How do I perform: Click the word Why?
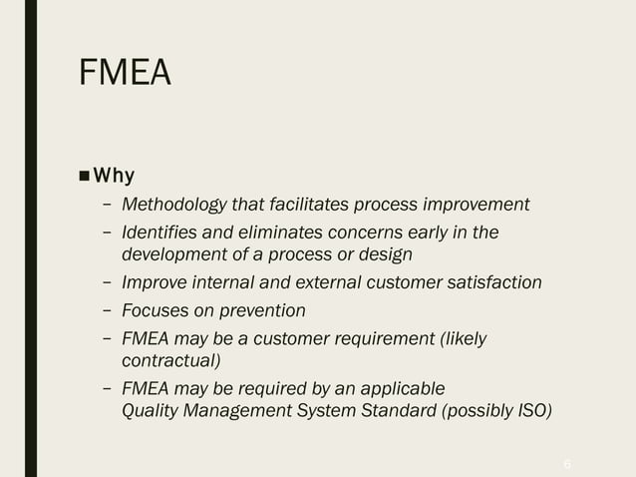tap(115, 177)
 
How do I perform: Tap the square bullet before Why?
tap(85, 178)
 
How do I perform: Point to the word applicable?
tap(404, 387)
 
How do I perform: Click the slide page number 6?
tap(567, 464)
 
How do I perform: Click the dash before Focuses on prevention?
tap(107, 310)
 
